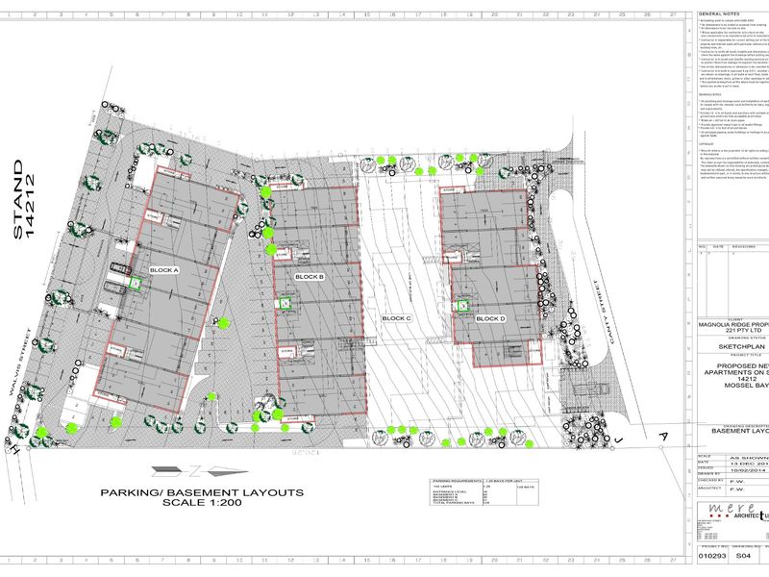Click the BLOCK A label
pyautogui.click(x=164, y=271)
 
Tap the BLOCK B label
pyautogui.click(x=309, y=277)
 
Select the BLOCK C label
pyautogui.click(x=396, y=318)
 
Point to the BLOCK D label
pyautogui.click(x=489, y=318)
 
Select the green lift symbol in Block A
pyautogui.click(x=136, y=283)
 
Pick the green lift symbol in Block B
pyautogui.click(x=285, y=302)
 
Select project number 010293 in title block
pyautogui.click(x=712, y=556)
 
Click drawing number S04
pyautogui.click(x=742, y=556)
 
